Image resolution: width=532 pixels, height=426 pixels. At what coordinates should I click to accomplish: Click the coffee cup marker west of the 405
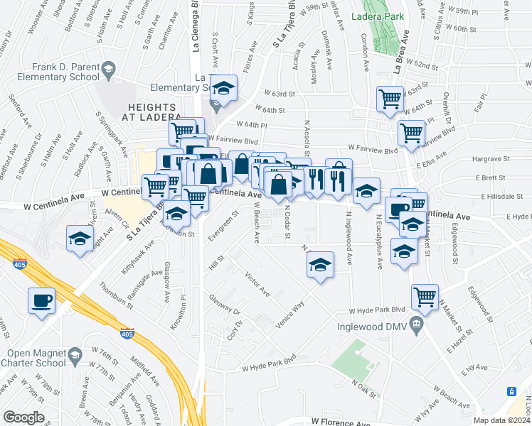click(x=41, y=300)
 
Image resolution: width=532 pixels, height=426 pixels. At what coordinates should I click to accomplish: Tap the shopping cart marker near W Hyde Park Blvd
click(x=425, y=297)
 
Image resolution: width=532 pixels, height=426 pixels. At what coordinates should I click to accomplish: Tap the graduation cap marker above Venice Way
click(x=320, y=266)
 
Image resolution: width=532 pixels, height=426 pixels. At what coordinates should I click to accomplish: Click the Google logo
click(x=23, y=417)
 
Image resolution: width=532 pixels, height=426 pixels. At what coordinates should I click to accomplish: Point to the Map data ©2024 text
click(x=501, y=420)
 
